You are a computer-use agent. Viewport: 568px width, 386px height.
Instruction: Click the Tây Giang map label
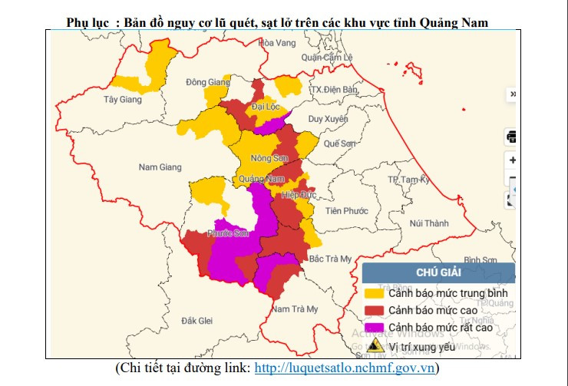123,100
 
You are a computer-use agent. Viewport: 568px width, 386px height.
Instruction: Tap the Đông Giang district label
208,82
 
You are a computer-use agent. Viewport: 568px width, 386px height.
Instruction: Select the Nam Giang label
160,167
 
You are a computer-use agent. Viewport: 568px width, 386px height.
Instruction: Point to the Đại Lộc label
267,107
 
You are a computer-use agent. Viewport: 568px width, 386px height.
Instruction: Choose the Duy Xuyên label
328,119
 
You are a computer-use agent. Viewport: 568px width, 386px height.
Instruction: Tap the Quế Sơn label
340,144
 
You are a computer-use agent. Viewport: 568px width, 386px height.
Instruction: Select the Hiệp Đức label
299,196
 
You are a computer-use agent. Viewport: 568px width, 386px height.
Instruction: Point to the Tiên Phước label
347,210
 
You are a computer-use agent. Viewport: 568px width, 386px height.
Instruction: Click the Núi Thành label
428,223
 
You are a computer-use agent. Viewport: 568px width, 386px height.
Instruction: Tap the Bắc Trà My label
329,259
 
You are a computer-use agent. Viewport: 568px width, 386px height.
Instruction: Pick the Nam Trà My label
295,309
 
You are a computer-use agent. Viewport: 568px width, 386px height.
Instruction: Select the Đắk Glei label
196,320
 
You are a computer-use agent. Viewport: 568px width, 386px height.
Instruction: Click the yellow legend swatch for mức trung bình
374,293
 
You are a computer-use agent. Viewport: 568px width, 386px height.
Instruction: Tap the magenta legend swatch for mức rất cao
374,328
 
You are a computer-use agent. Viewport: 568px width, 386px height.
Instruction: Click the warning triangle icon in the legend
375,345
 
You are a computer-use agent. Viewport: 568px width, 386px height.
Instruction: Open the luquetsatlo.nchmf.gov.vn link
345,368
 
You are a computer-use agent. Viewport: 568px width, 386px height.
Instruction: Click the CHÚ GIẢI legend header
438,272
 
